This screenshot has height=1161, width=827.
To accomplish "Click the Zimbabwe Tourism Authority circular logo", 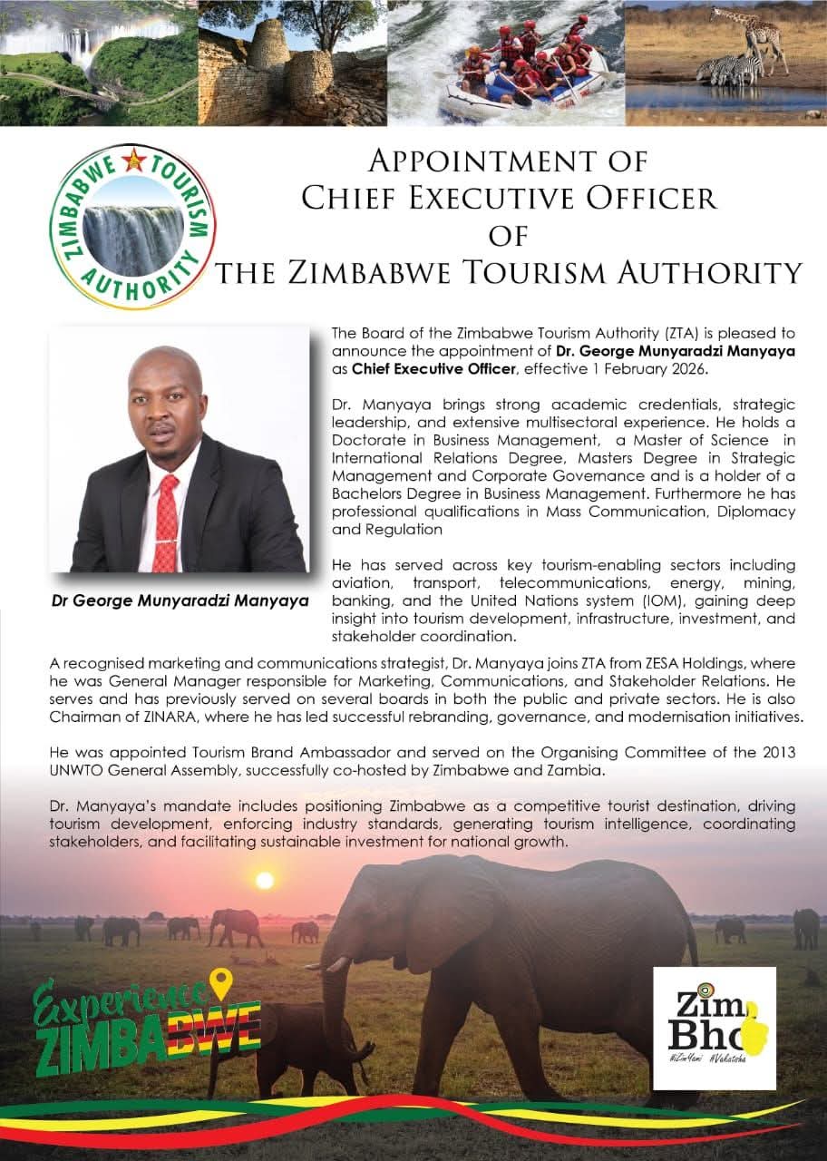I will pos(133,227).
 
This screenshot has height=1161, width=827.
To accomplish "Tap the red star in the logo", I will pos(135,161).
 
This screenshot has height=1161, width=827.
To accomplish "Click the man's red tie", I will pos(166,521).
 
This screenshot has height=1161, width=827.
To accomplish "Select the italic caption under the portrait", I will pos(180,600).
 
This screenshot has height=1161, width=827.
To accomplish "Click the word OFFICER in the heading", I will pos(635,199).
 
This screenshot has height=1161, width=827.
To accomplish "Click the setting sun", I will pos(265,879).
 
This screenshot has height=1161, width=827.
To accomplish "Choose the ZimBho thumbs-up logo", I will pos(715,1028).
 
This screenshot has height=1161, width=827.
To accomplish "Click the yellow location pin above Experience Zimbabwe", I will pos(220,981).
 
